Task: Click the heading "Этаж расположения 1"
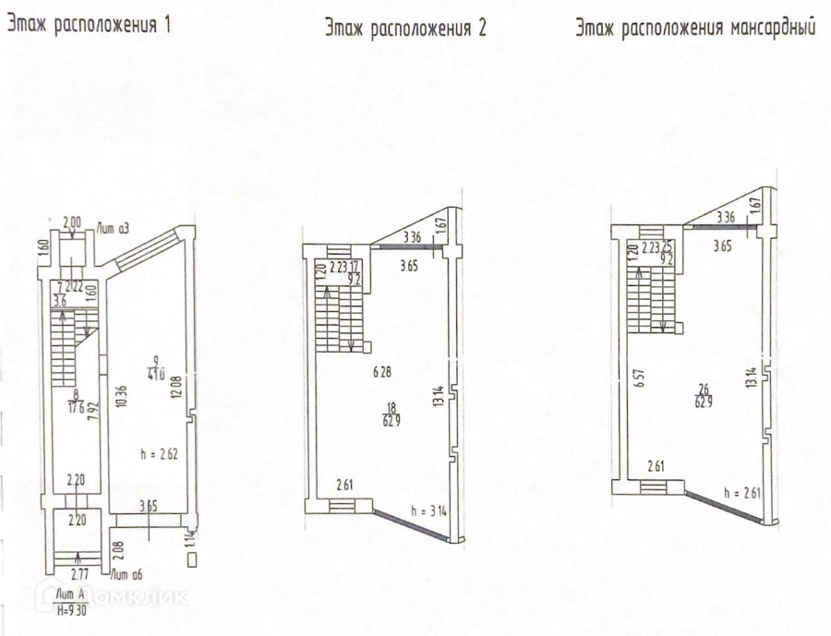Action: pyautogui.click(x=90, y=26)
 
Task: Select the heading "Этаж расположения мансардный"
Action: pyautogui.click(x=694, y=28)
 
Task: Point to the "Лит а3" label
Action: pyautogui.click(x=108, y=225)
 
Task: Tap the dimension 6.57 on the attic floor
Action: pyautogui.click(x=637, y=380)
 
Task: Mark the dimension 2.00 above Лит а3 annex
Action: pyautogui.click(x=72, y=222)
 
